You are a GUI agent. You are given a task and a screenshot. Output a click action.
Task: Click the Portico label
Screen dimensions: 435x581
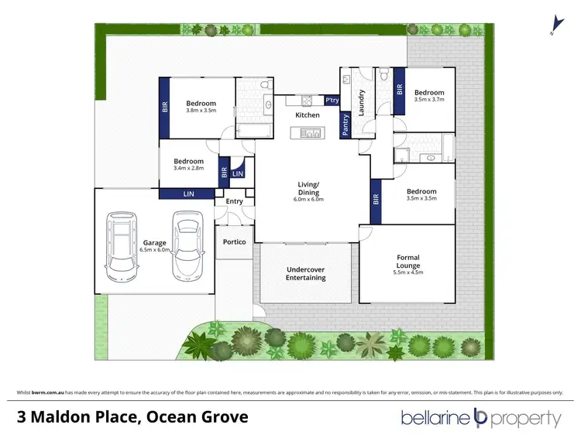(x=234, y=242)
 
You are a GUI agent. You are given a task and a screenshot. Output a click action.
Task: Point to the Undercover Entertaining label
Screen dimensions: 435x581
(x=306, y=273)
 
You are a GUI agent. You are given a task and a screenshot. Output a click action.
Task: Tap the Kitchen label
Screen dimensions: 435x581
(x=308, y=115)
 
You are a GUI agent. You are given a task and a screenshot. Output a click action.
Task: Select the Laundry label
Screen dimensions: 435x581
(x=360, y=100)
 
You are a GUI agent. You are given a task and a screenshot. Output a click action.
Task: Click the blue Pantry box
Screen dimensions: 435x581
(x=346, y=125)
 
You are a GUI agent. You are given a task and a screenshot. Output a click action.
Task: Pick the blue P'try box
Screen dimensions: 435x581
(x=332, y=101)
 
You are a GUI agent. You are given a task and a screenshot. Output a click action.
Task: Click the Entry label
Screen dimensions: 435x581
(x=234, y=201)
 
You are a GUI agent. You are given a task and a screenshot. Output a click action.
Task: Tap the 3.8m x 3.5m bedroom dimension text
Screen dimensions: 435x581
(x=201, y=111)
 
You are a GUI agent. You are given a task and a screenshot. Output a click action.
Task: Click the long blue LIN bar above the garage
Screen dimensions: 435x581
(x=187, y=194)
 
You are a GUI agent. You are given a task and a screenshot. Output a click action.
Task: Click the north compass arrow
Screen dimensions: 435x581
(x=553, y=26)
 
